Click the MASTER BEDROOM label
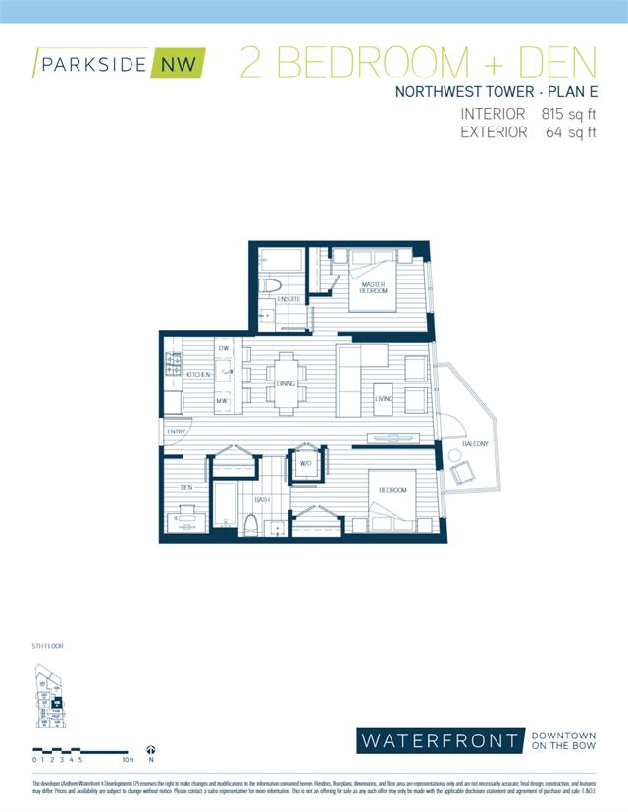coord(373,288)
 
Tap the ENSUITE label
coord(288,299)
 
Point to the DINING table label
coord(286,384)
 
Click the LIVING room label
coord(383,398)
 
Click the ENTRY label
coord(177,432)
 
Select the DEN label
coord(186,486)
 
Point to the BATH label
coord(262,500)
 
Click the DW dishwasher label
coord(224,349)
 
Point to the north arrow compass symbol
coord(151,747)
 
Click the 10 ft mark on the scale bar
coord(128,759)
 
